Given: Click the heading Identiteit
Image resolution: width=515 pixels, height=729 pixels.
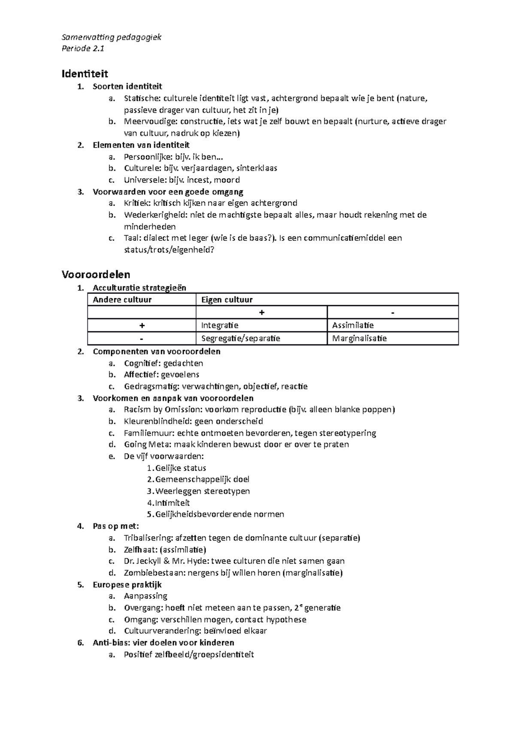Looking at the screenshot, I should pos(85,73).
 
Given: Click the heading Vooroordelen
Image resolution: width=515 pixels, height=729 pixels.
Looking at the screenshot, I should pos(96,274).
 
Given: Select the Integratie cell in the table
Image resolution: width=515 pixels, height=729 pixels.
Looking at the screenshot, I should pos(220,325).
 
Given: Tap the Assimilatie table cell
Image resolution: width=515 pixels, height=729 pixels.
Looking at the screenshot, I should pos(353,325).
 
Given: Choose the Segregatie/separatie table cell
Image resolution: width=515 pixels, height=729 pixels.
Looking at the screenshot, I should pos(240,338).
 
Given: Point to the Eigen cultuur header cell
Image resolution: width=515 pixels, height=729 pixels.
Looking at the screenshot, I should pos(227,300).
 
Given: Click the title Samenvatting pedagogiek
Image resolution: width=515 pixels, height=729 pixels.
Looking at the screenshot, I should pos(111,37).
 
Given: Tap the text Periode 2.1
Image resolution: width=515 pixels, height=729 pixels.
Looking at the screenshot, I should pos(83,49).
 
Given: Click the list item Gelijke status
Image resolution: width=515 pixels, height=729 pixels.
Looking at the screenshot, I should pos(181,468).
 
